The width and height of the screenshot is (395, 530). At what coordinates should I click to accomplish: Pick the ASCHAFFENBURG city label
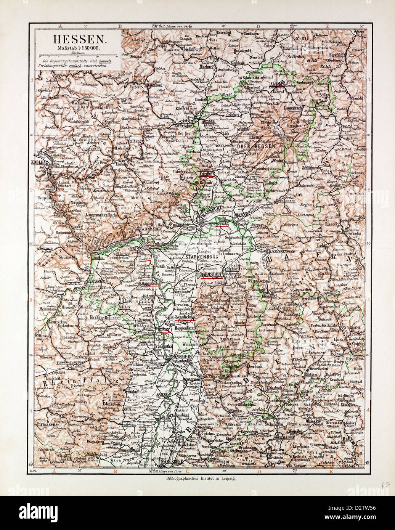284,253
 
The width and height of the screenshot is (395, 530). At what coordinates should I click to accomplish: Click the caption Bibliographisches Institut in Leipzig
199,478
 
